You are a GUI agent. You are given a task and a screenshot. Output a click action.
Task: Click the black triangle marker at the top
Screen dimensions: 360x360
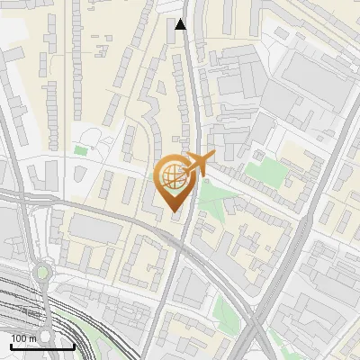pyautogui.click(x=181, y=24)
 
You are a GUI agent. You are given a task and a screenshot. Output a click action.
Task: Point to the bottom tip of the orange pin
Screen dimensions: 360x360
pyautogui.click(x=174, y=212)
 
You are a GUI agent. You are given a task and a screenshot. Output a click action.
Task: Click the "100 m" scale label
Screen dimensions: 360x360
pyautogui.click(x=24, y=338)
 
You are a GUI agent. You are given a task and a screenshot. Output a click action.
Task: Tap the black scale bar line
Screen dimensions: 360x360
pyautogui.click(x=42, y=346)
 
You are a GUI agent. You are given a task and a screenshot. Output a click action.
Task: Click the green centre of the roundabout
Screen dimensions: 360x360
pyautogui.click(x=40, y=272)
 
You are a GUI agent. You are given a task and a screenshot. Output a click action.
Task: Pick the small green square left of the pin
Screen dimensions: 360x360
pyautogui.click(x=81, y=150)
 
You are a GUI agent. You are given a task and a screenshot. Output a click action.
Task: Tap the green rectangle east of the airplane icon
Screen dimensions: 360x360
pyautogui.click(x=262, y=170)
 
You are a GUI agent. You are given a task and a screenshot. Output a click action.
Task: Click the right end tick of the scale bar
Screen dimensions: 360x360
pyautogui.click(x=73, y=346)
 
